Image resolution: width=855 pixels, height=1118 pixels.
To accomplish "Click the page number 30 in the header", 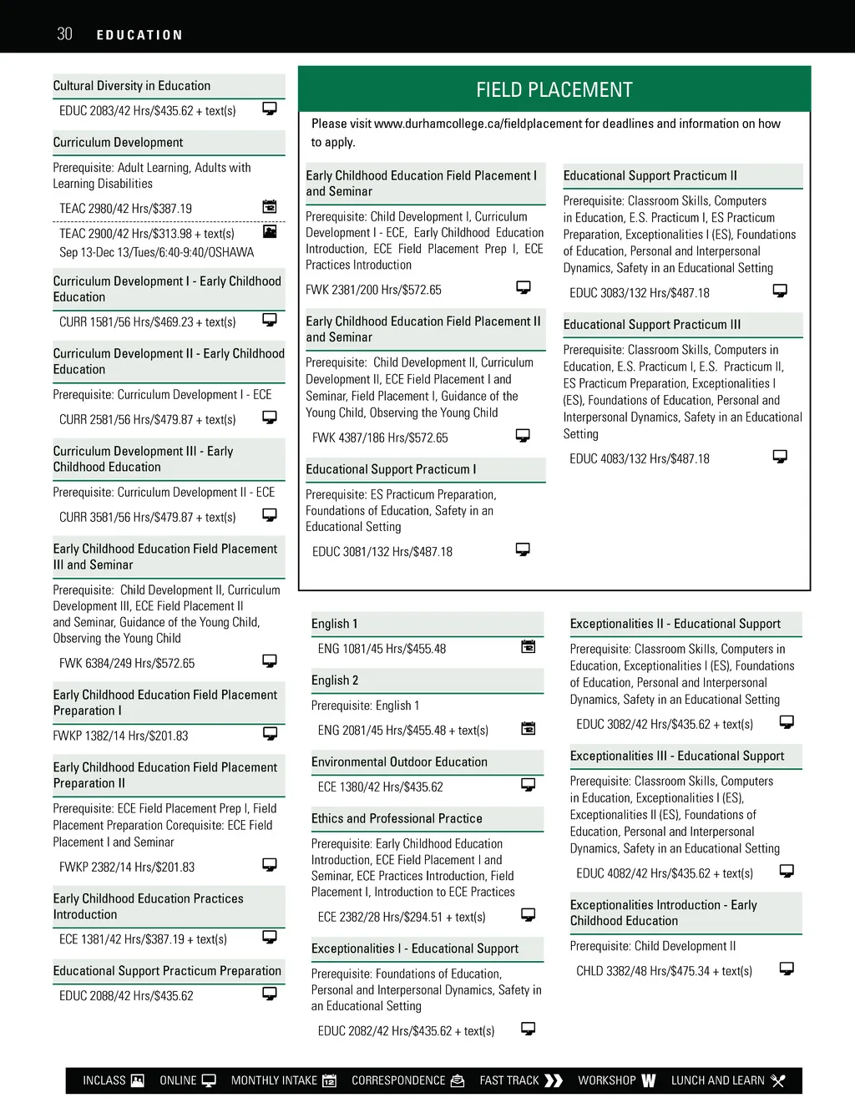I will pos(64,34).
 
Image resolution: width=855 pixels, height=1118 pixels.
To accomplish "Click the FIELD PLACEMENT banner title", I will pos(554,90).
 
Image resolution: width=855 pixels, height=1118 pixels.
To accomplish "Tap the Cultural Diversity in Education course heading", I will pos(132,86).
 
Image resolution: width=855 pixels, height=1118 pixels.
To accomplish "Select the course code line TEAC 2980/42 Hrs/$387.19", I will pos(125,209).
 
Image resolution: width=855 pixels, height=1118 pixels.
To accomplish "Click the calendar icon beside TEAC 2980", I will pos(270,206).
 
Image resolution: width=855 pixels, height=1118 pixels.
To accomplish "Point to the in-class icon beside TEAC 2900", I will pos(270,231).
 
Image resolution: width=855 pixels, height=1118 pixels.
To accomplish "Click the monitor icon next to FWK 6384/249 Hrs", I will pos(270,661).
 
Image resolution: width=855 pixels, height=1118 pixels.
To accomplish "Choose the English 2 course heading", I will pos(335,680).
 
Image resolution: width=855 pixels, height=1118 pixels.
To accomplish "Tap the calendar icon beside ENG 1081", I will pos(529,646).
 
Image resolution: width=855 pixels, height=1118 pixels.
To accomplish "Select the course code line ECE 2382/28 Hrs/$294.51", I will pos(402,917).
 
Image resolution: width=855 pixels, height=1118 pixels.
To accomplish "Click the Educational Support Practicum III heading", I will pos(652,325).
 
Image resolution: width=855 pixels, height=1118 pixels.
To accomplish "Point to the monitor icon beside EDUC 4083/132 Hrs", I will pos(780,457).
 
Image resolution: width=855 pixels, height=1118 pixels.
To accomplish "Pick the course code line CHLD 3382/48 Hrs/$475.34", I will pos(664,971).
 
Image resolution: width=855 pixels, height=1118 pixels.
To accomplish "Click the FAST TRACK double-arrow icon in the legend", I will pos(554,1080).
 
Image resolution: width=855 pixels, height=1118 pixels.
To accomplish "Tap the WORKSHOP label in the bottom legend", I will pos(607,1080).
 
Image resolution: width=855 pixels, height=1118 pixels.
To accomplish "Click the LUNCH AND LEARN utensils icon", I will pos(778,1080).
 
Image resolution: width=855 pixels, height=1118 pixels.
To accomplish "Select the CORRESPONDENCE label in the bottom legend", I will pos(398,1080).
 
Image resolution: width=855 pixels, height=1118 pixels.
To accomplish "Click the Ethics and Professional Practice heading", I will pos(397,819).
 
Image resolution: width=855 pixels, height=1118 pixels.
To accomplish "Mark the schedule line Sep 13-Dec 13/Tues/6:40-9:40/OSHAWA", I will pos(156,252).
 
